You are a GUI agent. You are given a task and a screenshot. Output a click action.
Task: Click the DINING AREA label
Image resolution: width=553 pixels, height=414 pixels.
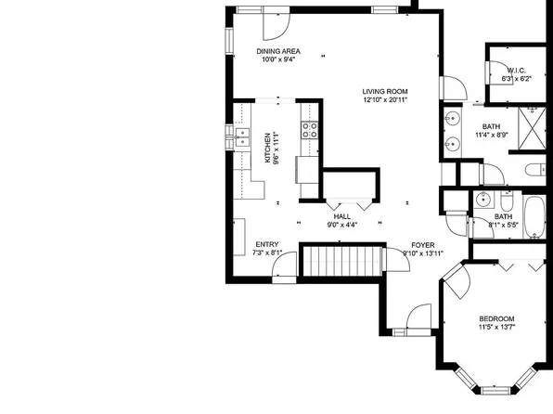click(x=277, y=50)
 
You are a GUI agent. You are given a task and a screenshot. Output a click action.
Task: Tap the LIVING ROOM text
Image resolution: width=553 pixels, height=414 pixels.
click(x=387, y=91)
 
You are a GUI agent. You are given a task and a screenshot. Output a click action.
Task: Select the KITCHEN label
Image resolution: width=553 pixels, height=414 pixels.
click(x=268, y=149)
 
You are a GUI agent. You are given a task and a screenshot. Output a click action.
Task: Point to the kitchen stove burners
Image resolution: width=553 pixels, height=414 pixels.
click(x=310, y=130)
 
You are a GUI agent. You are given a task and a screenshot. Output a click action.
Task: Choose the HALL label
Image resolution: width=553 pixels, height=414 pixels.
click(x=341, y=214)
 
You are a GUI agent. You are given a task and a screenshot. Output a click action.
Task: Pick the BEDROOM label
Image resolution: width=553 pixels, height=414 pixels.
click(x=496, y=318)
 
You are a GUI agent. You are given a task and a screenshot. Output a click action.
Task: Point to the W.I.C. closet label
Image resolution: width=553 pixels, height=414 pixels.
click(x=516, y=71)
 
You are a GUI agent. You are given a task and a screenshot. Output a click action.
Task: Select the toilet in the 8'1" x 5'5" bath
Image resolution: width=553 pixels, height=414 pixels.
click(x=507, y=201)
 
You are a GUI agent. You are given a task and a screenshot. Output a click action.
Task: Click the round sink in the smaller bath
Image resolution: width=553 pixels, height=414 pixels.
click(x=482, y=201)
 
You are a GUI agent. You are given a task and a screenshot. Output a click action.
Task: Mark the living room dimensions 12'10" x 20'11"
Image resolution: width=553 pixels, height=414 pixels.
click(x=387, y=100)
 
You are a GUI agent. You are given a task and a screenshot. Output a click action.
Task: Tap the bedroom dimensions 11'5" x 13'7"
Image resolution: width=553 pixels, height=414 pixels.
click(x=496, y=327)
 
